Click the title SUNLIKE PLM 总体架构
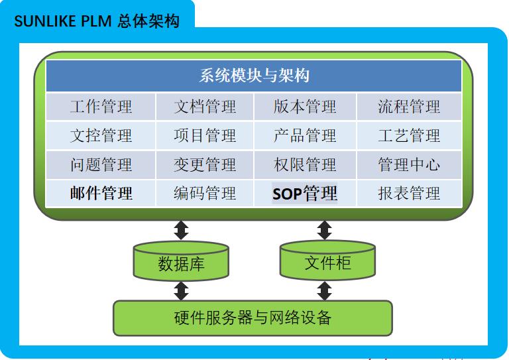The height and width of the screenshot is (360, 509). (x=97, y=21)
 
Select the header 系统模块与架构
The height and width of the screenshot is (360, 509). (x=254, y=76)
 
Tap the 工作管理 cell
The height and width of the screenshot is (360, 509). (x=101, y=107)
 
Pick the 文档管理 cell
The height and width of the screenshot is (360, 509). (x=205, y=107)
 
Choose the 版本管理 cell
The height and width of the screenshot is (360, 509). (x=305, y=107)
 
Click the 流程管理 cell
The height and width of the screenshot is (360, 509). (x=409, y=107)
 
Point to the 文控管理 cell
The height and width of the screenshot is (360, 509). (x=101, y=136)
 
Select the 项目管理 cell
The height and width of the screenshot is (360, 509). (x=205, y=136)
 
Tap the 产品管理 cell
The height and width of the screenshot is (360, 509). (x=305, y=136)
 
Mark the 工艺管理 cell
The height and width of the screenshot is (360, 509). (x=409, y=136)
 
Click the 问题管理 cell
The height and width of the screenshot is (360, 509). (x=101, y=164)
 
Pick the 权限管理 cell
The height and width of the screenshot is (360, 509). (x=305, y=164)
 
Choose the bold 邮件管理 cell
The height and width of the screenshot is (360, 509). (x=101, y=193)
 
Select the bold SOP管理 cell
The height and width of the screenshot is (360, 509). (x=305, y=194)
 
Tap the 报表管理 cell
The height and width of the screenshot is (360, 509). (x=409, y=194)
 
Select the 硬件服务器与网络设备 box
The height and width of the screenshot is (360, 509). (x=253, y=318)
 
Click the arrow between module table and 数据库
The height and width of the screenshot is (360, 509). (x=181, y=230)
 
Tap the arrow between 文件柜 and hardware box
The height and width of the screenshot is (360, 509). (x=324, y=290)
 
